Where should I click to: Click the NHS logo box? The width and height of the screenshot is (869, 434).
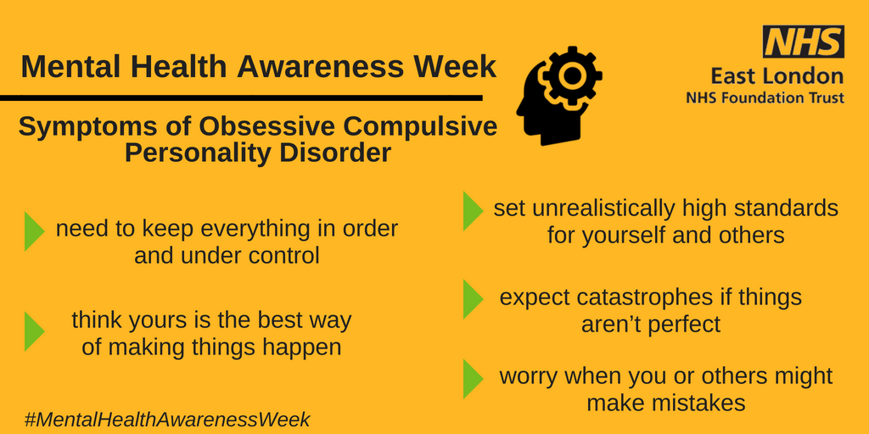[803, 42]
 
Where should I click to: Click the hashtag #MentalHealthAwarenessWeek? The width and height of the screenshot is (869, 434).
[167, 419]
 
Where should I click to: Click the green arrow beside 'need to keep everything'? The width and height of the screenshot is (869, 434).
[34, 231]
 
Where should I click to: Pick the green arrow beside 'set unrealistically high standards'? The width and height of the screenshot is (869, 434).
[473, 211]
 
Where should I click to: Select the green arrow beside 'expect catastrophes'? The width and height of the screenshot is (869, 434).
[473, 299]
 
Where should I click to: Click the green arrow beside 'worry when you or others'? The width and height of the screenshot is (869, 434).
[473, 378]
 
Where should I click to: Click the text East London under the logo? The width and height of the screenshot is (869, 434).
[790, 76]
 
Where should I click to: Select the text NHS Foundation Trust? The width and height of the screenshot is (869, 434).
[765, 98]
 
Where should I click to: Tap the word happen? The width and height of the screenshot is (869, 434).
[302, 348]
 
